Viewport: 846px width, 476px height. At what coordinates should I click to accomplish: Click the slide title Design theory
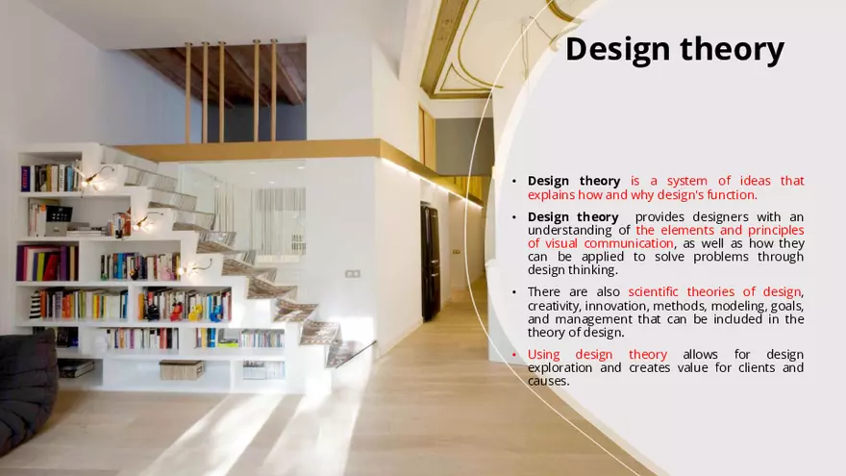(674, 48)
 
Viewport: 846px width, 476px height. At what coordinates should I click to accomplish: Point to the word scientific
(658, 292)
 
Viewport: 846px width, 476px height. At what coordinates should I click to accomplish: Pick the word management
(590, 319)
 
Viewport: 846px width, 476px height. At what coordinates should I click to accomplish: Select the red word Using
(544, 355)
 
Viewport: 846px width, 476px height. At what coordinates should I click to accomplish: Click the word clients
(753, 368)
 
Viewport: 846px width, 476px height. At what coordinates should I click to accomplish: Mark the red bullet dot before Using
(514, 355)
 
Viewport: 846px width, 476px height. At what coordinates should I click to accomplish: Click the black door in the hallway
(430, 262)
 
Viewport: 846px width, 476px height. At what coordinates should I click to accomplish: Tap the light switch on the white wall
(353, 273)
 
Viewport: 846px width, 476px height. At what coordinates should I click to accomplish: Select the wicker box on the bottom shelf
(182, 369)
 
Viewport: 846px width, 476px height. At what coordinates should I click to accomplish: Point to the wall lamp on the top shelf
(98, 176)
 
